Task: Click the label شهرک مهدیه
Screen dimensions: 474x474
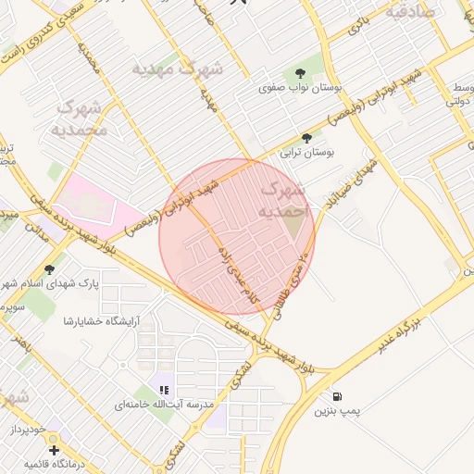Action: [177, 69]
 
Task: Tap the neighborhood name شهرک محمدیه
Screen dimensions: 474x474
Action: [82, 118]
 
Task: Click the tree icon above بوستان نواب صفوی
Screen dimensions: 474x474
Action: [299, 73]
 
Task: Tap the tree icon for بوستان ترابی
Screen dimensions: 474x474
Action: [307, 137]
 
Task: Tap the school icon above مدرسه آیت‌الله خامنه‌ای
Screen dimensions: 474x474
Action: [165, 390]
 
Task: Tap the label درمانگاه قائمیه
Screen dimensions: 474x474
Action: [56, 462]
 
